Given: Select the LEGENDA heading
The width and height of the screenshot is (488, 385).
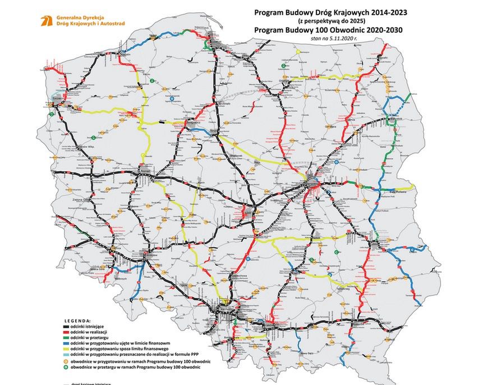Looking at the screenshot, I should click(x=77, y=321).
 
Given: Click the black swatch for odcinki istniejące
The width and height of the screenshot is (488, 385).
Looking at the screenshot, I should click(x=65, y=326).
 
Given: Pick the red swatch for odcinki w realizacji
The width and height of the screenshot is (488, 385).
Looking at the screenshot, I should click(x=65, y=332).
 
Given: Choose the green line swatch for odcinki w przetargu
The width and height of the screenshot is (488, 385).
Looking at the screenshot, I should click(x=65, y=337).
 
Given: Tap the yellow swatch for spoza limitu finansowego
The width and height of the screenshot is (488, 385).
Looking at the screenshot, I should click(x=65, y=347).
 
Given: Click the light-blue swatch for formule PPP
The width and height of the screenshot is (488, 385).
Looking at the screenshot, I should click(x=65, y=352).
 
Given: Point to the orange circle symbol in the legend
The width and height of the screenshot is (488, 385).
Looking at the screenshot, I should click(x=65, y=360).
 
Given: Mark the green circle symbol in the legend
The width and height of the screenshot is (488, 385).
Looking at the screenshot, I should click(x=65, y=366).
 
